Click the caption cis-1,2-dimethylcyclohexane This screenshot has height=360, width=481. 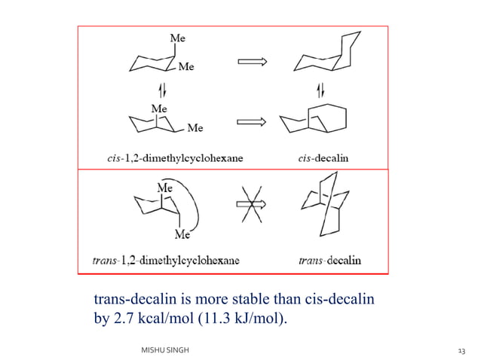pos(175,158)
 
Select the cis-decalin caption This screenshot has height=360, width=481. pos(323,158)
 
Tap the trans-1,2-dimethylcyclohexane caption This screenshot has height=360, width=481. pos(166,261)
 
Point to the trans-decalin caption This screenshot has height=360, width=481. pos(330,261)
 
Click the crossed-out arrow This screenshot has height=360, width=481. pos(252,204)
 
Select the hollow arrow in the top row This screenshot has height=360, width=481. pos(253,62)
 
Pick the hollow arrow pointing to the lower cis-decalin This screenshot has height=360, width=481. pos(252,122)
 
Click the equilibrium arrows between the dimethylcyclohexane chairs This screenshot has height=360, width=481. pos(163,90)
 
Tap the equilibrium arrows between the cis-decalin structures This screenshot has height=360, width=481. pos(320,90)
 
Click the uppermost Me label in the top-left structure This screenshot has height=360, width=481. pos(178,38)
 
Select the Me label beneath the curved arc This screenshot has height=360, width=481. pos(182,234)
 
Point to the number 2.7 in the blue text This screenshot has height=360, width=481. pos(124,318)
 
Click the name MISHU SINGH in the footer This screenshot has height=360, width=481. pos(165,350)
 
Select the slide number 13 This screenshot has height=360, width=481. pos(461,351)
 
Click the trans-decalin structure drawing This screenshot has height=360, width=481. pos(325,204)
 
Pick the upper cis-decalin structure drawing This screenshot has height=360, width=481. pos(327,51)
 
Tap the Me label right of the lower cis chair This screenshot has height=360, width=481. pos(195,127)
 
